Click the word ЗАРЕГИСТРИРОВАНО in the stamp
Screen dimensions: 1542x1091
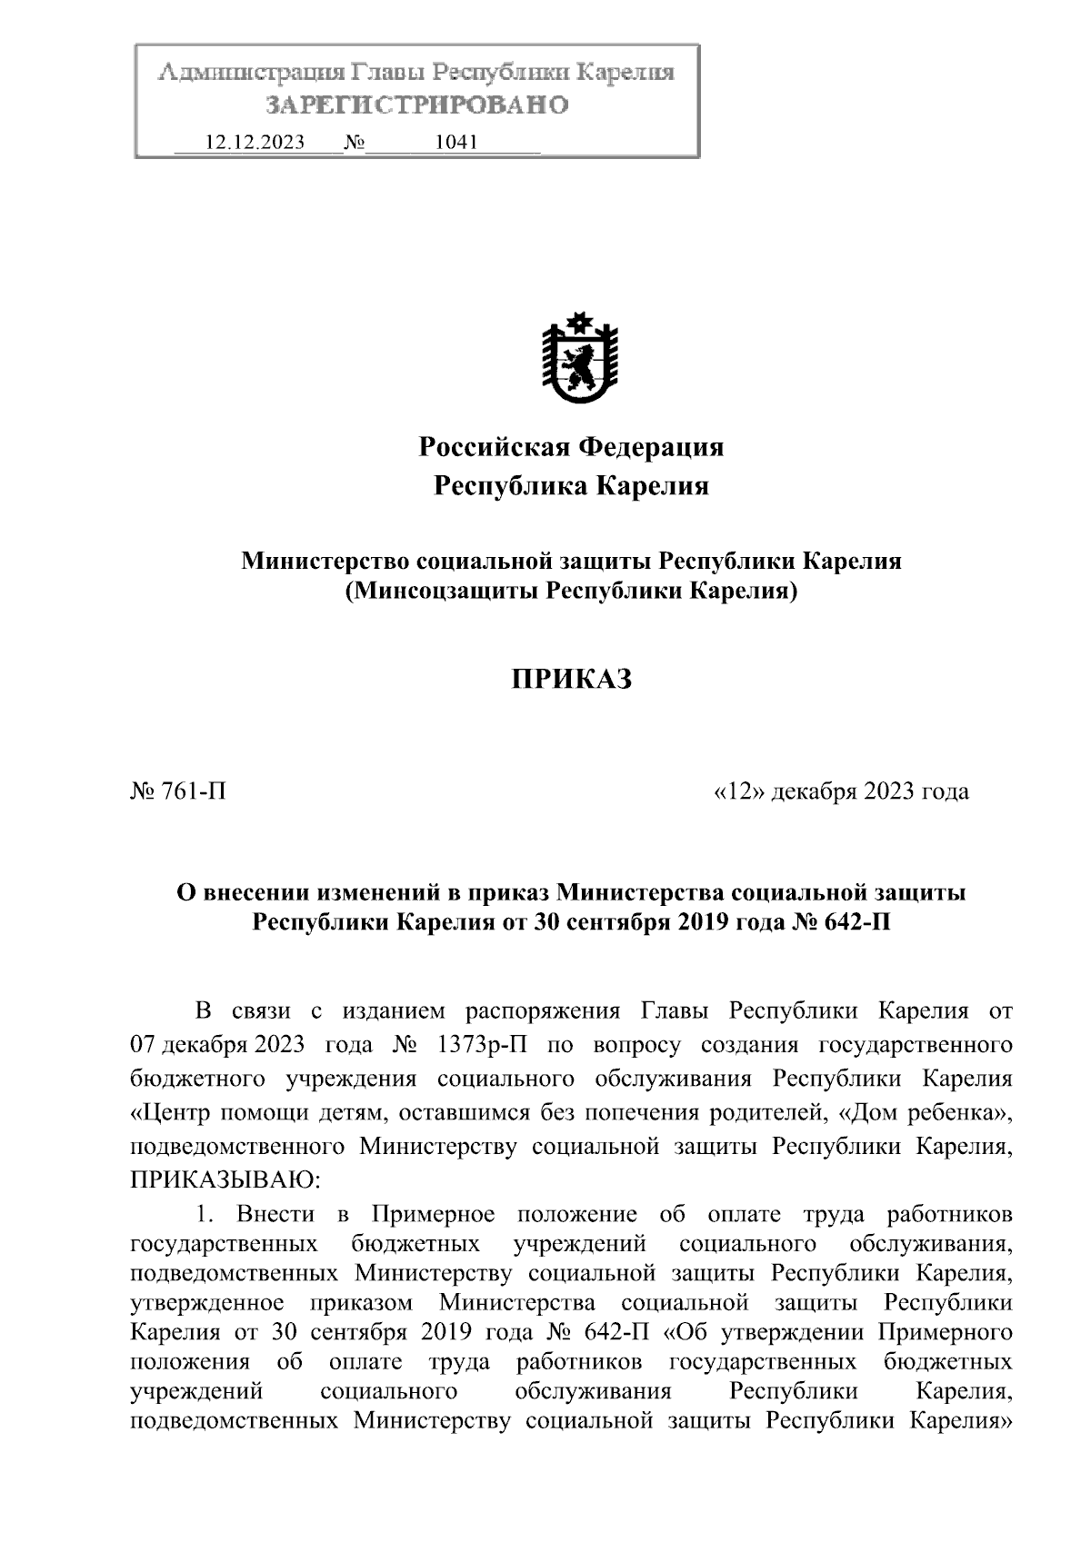416,105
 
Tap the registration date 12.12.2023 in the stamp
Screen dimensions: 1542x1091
255,142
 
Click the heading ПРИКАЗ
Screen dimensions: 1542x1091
571,679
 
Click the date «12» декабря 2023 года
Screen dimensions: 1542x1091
842,791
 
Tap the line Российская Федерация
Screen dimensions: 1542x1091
571,446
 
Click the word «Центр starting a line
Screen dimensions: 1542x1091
177,1112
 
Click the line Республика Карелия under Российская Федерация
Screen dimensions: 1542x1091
571,486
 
